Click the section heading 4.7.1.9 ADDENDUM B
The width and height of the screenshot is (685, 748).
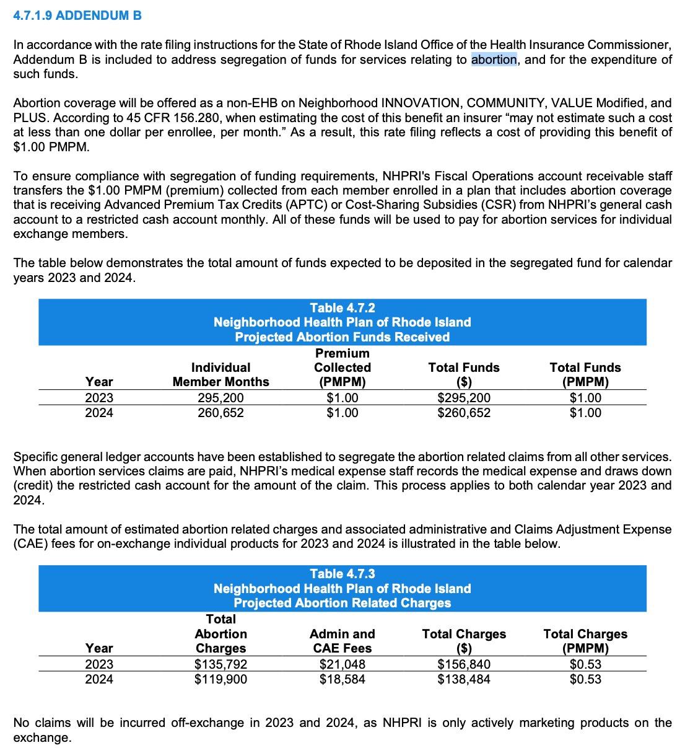77,15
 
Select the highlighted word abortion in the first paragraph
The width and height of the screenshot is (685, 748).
494,59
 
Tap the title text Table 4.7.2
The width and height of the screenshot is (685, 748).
342,307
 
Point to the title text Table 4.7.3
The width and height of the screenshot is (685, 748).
342,574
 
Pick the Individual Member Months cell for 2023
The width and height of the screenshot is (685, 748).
220,398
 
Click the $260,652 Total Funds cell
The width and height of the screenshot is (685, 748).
463,413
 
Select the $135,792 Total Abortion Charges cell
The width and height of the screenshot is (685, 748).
220,664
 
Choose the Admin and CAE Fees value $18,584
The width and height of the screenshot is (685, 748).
342,679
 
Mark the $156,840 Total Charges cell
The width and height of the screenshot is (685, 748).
463,664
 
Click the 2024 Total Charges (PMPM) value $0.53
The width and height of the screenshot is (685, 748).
585,679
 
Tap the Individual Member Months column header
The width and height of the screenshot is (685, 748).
220,374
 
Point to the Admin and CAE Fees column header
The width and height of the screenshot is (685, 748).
342,641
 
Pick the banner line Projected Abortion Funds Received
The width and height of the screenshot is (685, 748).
342,337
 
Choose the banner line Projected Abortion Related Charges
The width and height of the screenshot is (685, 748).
342,603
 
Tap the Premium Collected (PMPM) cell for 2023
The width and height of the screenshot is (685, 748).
342,398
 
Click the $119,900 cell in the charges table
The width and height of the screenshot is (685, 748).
220,679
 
